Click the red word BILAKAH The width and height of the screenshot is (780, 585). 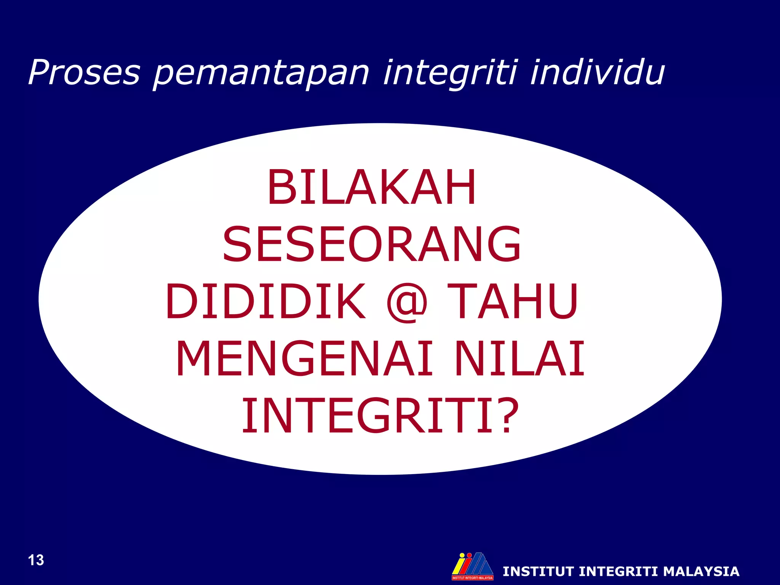pos(371,187)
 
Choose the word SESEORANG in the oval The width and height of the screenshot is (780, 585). pos(371,244)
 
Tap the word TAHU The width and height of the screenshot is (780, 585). pos(513,301)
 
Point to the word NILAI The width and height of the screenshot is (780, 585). pos(519,359)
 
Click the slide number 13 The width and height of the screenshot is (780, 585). pos(36,560)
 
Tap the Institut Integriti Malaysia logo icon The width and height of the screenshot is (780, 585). pos(472,565)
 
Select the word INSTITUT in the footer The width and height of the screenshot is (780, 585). pos(538,572)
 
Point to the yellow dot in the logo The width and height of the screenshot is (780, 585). pos(462,555)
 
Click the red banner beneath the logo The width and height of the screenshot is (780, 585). pos(472,578)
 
